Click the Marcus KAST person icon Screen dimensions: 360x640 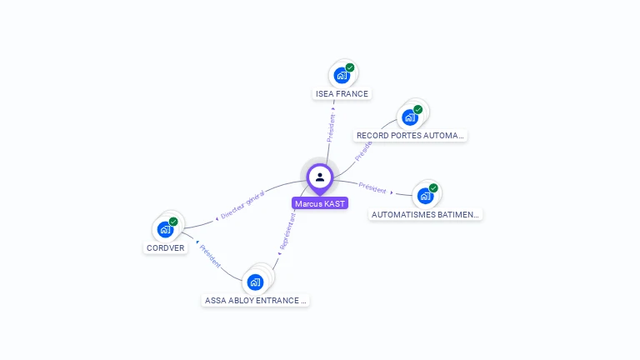pos(320,177)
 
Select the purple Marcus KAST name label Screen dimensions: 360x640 pos(320,203)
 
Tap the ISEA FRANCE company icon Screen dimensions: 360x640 pos(341,76)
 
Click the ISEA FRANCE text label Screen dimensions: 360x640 pos(342,94)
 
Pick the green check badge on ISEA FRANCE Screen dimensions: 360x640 pos(350,67)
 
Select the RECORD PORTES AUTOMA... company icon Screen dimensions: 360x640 pos(409,117)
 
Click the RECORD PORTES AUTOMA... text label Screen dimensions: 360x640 pos(410,135)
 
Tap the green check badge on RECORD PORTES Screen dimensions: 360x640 pos(418,109)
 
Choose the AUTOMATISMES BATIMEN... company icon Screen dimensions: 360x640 pos(425,197)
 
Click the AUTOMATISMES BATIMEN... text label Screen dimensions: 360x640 pos(426,214)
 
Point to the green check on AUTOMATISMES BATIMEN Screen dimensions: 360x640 pos(433,188)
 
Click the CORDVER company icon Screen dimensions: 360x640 pos(165,230)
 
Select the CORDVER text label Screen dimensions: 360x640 pos(165,247)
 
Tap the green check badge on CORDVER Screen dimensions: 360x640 pos(173,222)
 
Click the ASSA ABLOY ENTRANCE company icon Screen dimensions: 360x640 pos(256,282)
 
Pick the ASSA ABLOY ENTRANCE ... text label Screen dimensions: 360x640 pos(256,300)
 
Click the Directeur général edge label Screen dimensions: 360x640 pos(242,204)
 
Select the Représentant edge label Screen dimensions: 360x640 pos(287,232)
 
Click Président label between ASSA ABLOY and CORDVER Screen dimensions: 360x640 pos(210,256)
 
